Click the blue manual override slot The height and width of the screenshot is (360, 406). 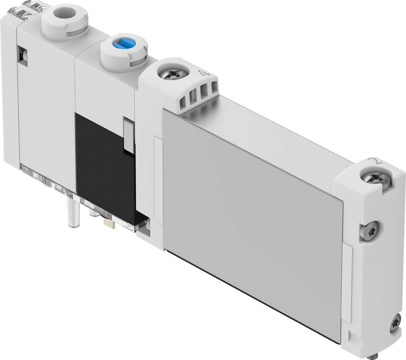(124, 45)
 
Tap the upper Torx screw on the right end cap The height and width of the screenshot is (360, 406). (369, 229)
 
